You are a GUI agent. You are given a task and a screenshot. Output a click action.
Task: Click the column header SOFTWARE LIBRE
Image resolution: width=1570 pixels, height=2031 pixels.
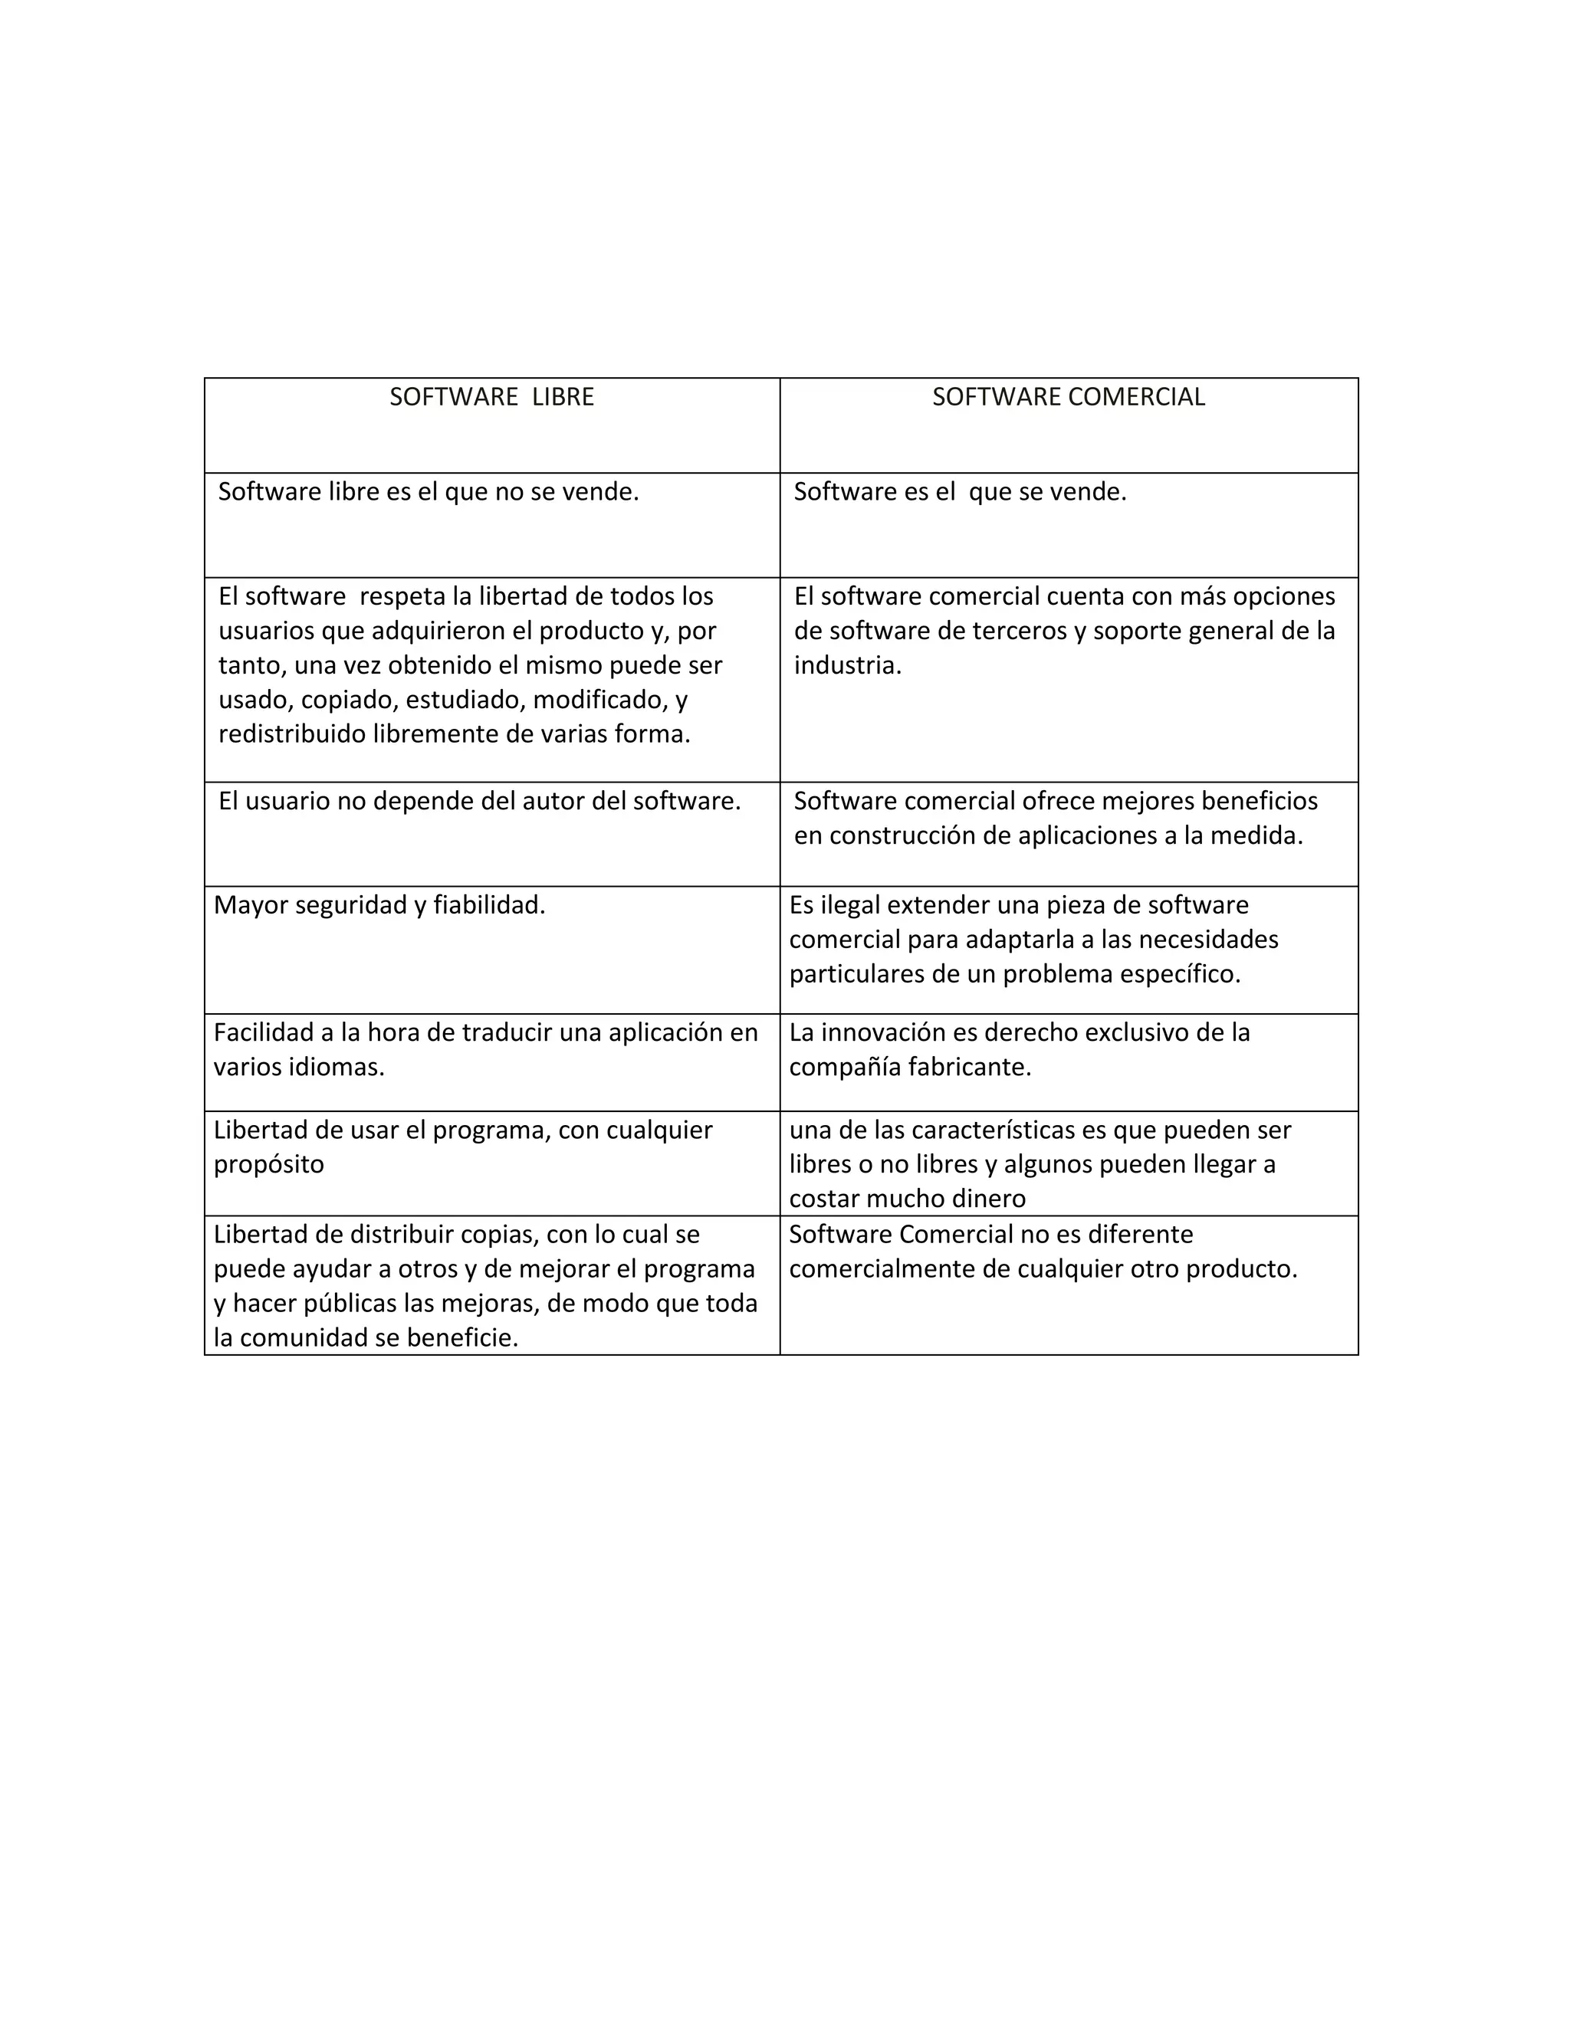click(x=491, y=397)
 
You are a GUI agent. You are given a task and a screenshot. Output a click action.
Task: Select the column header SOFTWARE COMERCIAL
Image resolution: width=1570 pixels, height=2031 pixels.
click(x=1068, y=397)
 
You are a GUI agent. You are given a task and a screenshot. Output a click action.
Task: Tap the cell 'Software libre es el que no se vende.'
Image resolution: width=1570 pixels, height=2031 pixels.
click(x=429, y=492)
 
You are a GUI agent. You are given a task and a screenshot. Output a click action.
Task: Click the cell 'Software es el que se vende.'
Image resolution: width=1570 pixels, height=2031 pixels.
click(x=960, y=492)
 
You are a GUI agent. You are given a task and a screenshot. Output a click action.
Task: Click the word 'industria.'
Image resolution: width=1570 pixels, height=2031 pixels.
click(x=847, y=666)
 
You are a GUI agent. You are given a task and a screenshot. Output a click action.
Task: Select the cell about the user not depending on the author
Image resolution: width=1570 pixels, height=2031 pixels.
click(x=480, y=802)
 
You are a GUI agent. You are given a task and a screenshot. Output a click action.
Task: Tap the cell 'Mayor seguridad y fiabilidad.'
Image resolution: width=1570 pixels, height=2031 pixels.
click(x=379, y=906)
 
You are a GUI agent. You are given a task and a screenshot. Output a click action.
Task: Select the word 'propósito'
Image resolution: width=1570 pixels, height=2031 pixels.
click(x=269, y=1165)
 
